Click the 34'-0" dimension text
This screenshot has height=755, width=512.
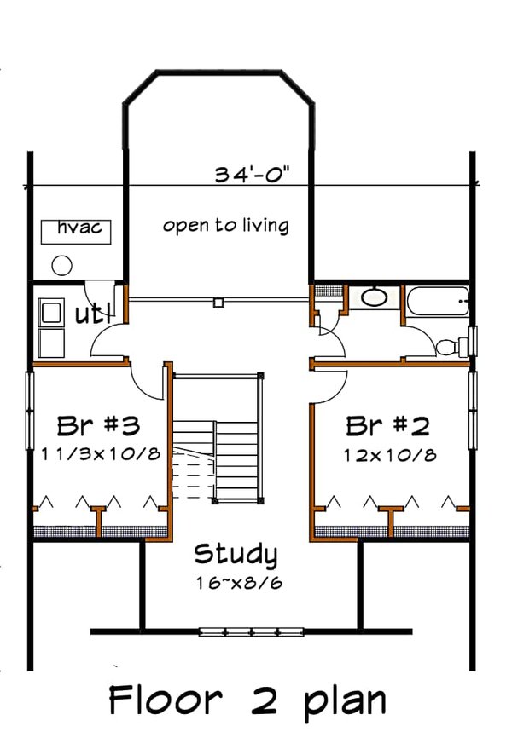pos(253,175)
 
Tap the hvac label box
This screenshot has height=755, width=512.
pos(78,230)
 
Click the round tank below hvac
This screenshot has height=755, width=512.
pos(61,265)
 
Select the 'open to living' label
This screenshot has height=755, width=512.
pos(225,226)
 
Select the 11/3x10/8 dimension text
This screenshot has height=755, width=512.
pos(100,453)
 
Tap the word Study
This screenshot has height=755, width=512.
pos(236,555)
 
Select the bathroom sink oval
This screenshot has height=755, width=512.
pos(373,297)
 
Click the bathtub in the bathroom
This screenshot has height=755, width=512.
pos(436,303)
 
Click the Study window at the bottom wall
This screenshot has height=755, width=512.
pos(252,631)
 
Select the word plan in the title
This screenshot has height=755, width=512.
pos(341,703)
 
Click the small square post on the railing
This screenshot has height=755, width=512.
pos(218,301)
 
